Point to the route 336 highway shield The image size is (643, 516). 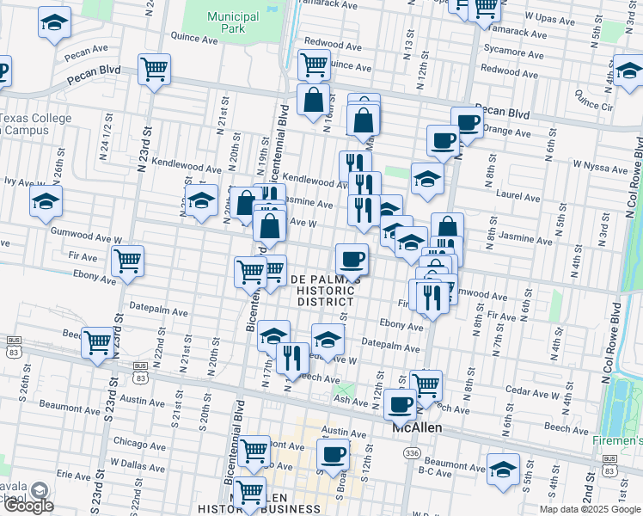coord(413,453)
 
